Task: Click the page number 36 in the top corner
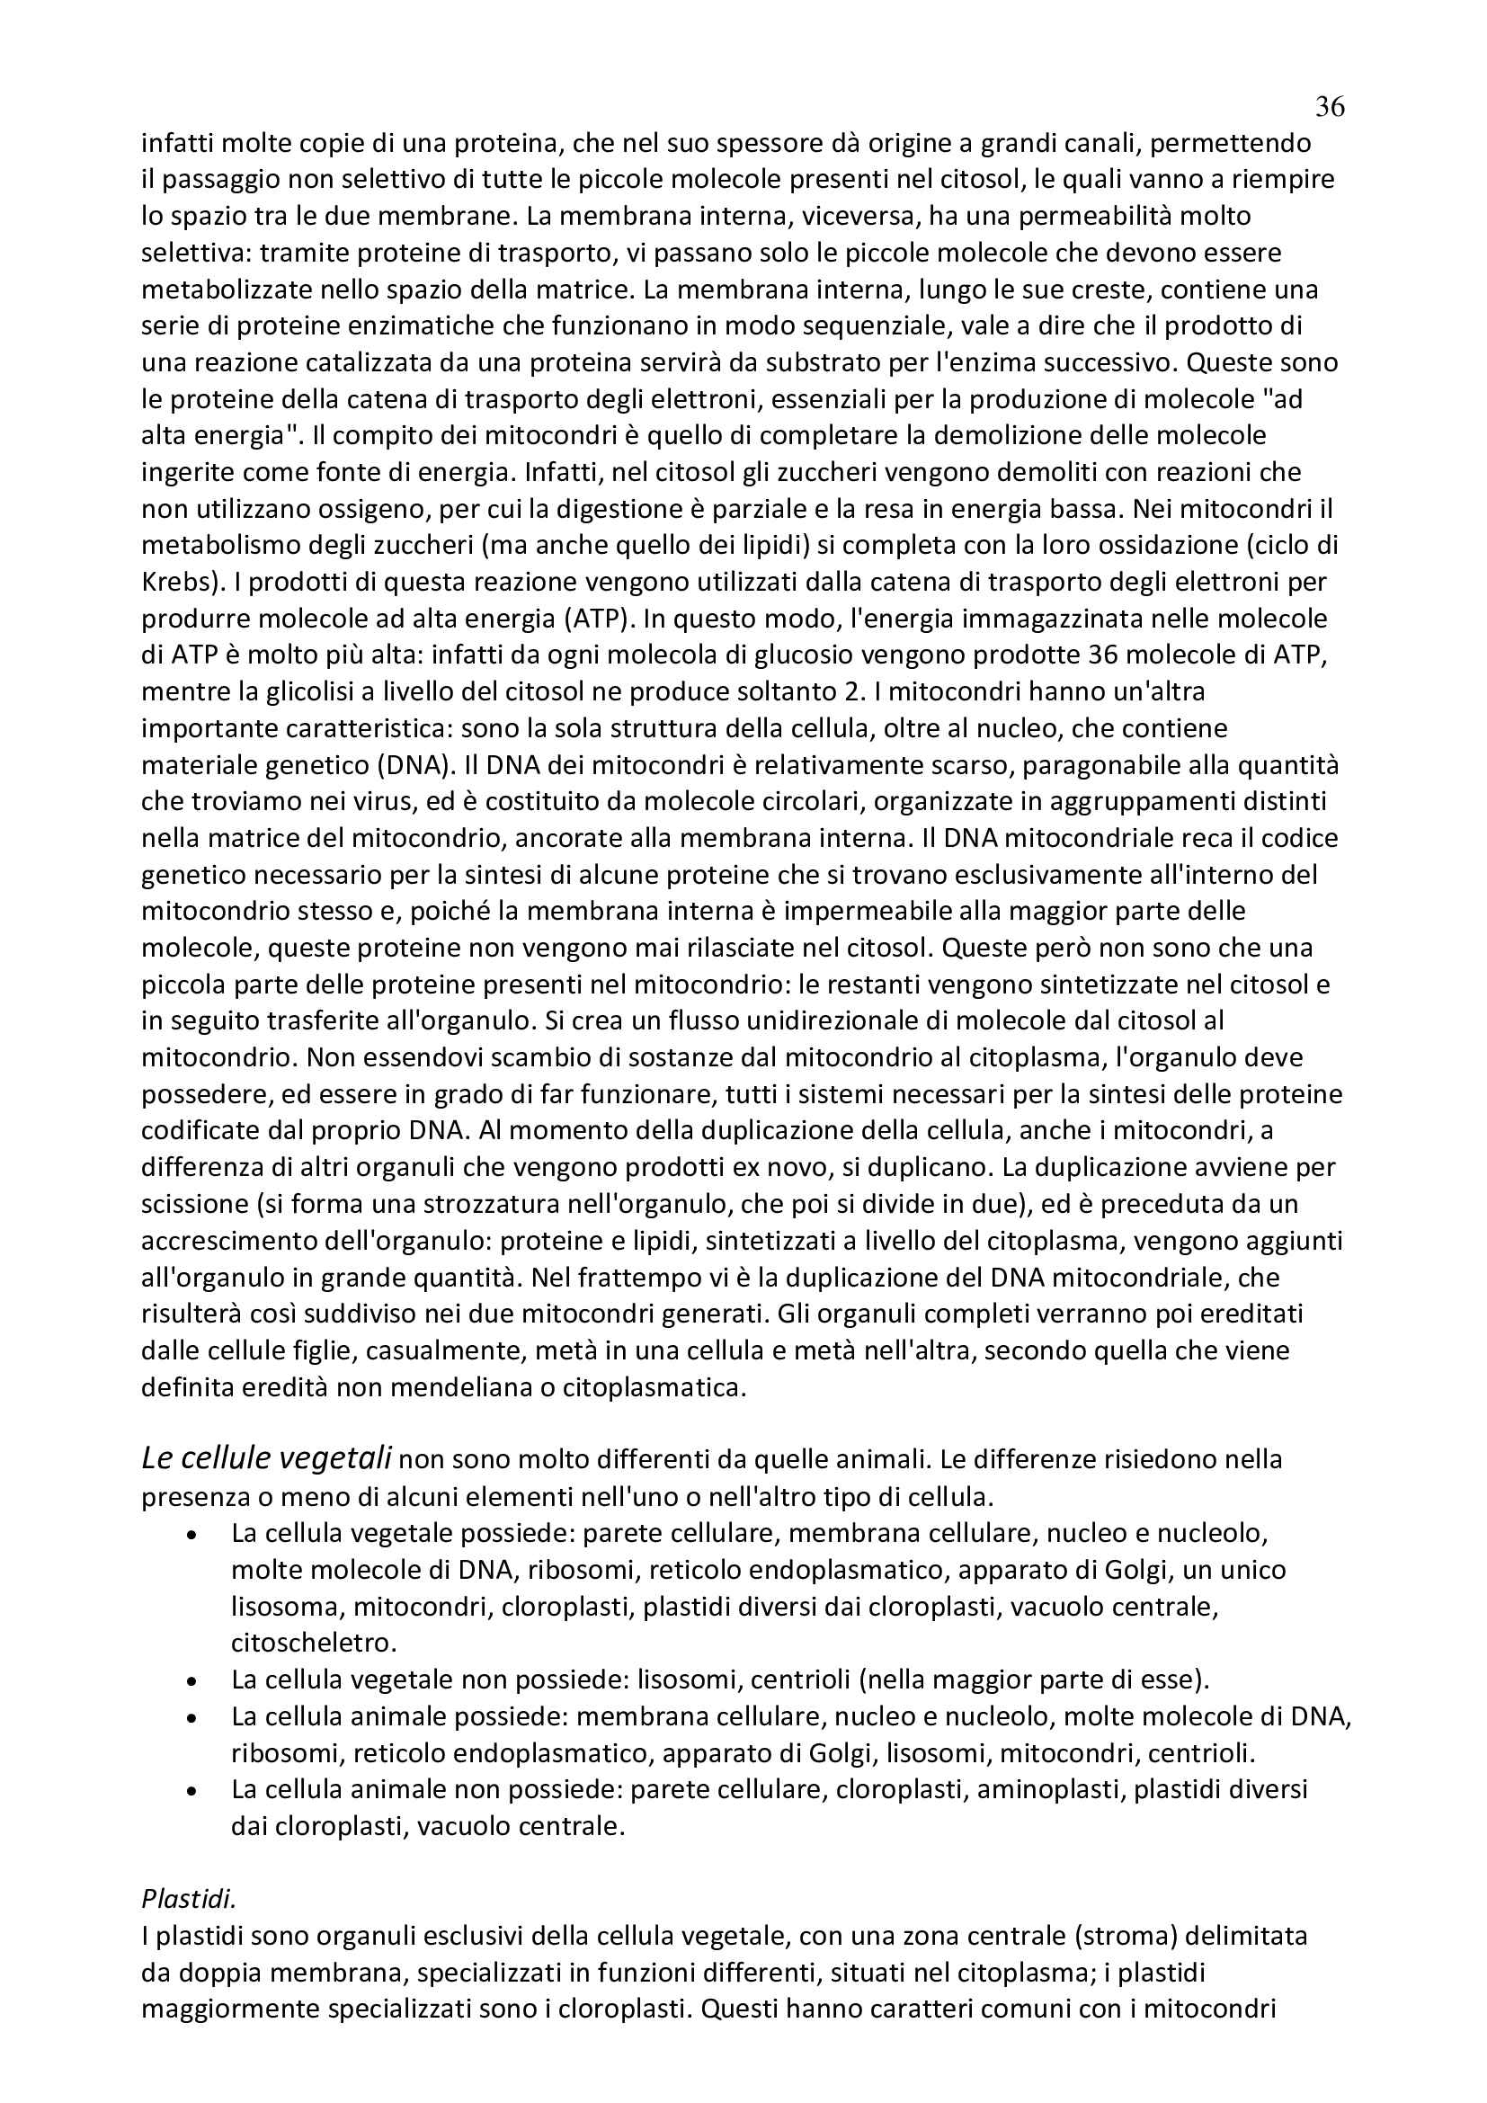click(x=1330, y=108)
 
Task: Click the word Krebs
click(x=177, y=583)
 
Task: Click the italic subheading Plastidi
click(x=189, y=1899)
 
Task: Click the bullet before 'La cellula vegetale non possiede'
click(x=191, y=1680)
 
